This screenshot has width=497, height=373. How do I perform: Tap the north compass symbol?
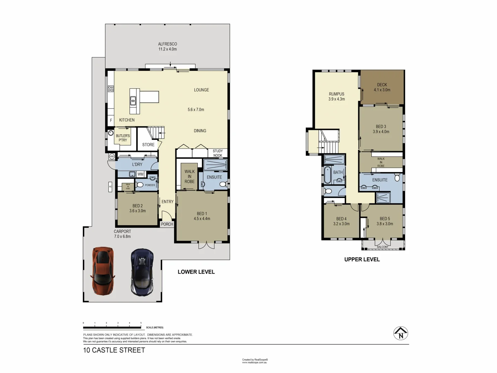tap(401, 333)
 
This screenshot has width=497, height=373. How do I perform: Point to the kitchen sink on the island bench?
tap(133, 101)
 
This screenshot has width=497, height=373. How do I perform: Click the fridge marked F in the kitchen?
tap(111, 121)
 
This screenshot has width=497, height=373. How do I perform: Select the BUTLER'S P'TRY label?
tap(123, 138)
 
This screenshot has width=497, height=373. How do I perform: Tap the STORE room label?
tap(148, 145)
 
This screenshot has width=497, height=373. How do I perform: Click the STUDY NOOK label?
tap(218, 153)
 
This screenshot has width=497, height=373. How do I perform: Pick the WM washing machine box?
tap(140, 174)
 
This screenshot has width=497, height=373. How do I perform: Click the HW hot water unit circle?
tap(112, 156)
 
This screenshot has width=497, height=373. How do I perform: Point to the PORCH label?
tap(167, 224)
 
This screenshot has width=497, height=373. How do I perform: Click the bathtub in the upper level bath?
tap(327, 175)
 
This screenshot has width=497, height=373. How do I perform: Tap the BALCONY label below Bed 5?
tap(382, 247)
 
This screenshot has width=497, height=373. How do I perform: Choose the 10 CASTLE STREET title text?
tap(114, 350)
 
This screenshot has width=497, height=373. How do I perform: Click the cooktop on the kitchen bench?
tap(111, 89)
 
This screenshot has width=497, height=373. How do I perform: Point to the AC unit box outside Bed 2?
tap(110, 186)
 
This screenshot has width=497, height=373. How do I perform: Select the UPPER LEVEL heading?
tap(362, 259)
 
